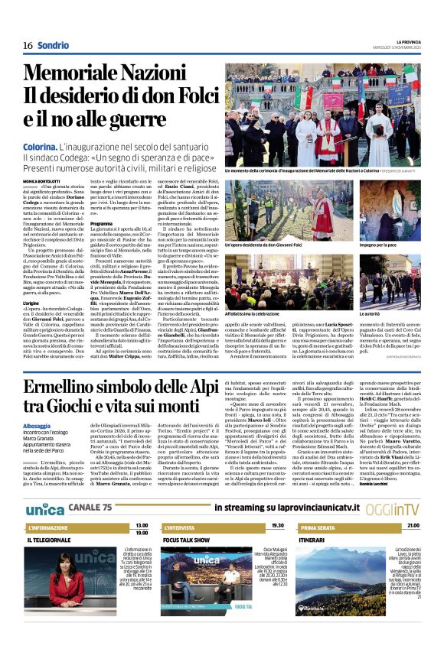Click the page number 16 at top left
point(28,45)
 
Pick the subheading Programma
point(101,224)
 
